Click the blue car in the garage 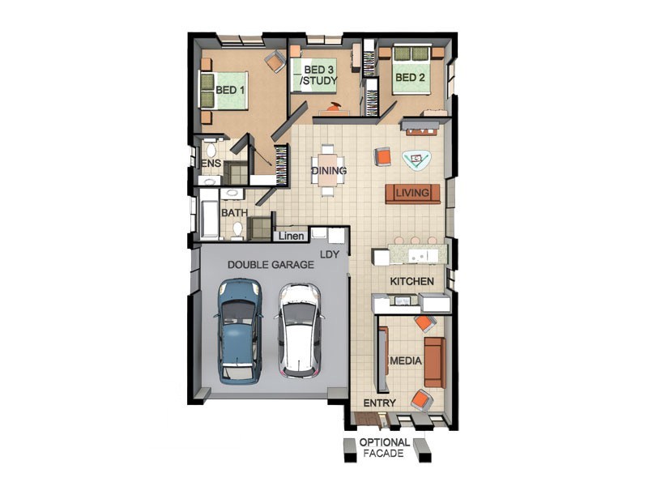pos(239,331)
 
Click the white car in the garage pos(299,330)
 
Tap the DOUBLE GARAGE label pos(271,265)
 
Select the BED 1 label pos(230,90)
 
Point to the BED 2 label pos(410,77)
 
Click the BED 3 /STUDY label pos(318,75)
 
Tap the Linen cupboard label pos(292,237)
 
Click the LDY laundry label pos(330,254)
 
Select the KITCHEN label pos(411,281)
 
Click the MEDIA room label pos(406,360)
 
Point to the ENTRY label pos(379,403)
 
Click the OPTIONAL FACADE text pos(384,448)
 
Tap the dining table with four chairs pos(327,170)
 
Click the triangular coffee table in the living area pos(416,160)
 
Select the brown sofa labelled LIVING pos(412,194)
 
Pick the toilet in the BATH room pos(237,230)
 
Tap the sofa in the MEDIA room pos(435,362)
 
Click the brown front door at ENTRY pos(367,419)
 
